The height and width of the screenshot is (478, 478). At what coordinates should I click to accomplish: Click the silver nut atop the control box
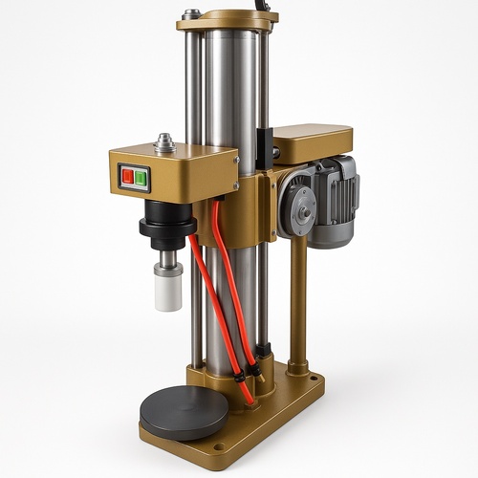tap(163, 143)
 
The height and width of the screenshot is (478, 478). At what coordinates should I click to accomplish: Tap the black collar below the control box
tap(166, 228)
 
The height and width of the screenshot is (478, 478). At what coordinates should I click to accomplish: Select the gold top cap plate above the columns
tap(228, 19)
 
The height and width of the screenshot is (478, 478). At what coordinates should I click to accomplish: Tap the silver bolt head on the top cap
tap(192, 13)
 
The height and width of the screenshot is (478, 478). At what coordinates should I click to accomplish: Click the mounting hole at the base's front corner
tap(220, 447)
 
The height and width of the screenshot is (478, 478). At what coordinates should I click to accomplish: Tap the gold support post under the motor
tap(297, 296)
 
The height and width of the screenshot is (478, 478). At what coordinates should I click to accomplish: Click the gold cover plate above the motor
tap(312, 141)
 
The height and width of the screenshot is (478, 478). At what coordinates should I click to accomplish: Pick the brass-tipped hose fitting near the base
tap(240, 379)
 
